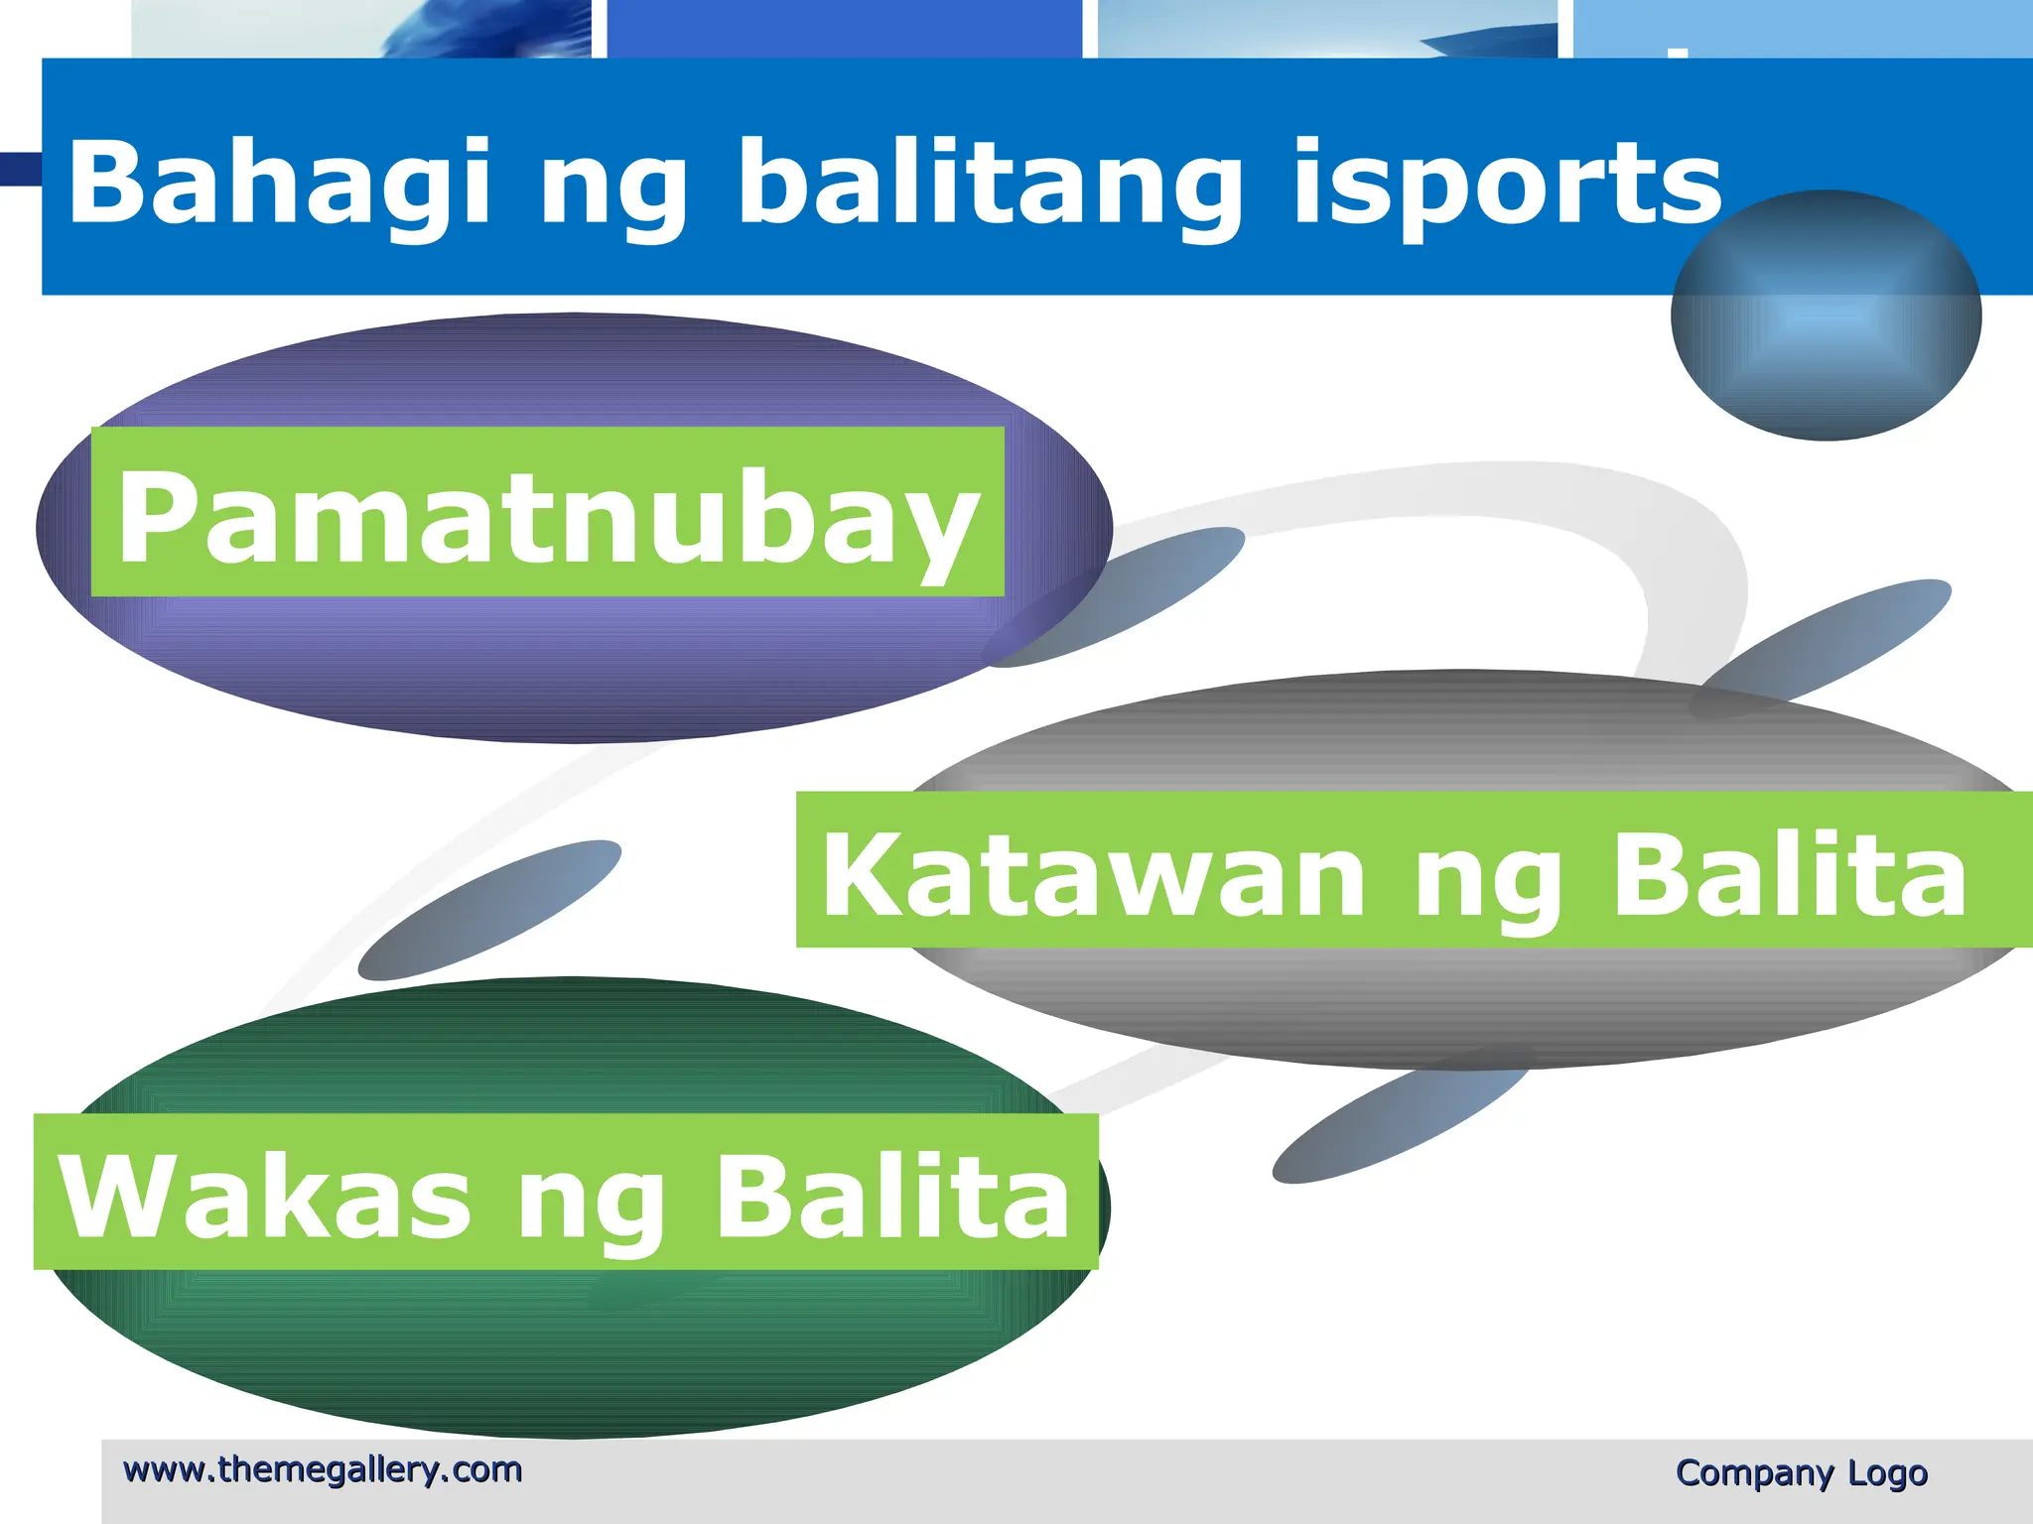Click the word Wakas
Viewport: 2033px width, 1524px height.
[264, 1196]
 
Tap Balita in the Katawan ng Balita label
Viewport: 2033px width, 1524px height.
[1788, 873]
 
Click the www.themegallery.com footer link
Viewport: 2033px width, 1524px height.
[323, 1469]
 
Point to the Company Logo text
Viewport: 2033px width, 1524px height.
[1801, 1472]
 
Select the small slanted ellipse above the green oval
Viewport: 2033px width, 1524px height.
[489, 909]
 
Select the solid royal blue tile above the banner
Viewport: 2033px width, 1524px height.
[844, 28]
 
